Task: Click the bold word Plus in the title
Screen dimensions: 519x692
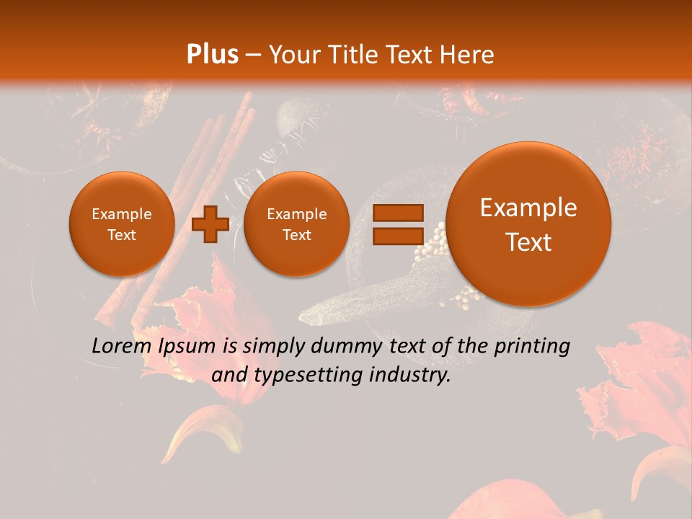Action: (213, 55)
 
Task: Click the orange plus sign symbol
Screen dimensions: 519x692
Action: (210, 224)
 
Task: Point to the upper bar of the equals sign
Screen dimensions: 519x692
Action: (397, 213)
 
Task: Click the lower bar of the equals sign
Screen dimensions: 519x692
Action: (397, 236)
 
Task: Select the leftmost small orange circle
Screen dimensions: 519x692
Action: (122, 224)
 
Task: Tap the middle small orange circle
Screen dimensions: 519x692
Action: (296, 224)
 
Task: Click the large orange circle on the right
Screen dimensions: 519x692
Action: (528, 224)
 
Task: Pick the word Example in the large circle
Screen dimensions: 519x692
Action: (528, 208)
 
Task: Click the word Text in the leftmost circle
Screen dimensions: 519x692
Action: (122, 235)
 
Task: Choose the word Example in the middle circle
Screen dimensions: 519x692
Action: (296, 214)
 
